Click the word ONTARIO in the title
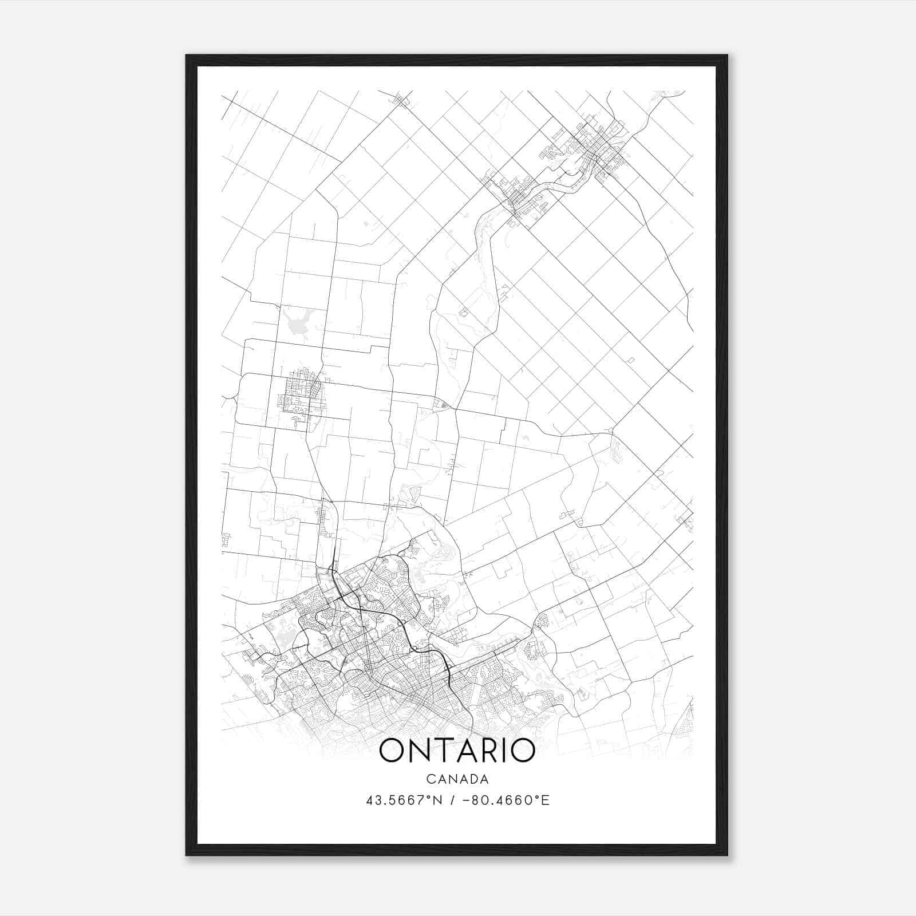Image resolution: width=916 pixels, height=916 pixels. [457, 751]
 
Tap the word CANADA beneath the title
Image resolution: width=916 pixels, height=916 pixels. [457, 779]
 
